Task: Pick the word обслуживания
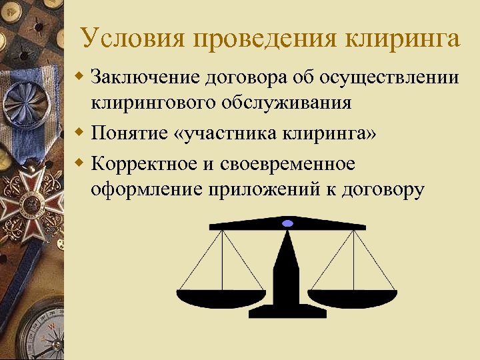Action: coord(290,103)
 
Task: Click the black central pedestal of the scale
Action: coord(287,287)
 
